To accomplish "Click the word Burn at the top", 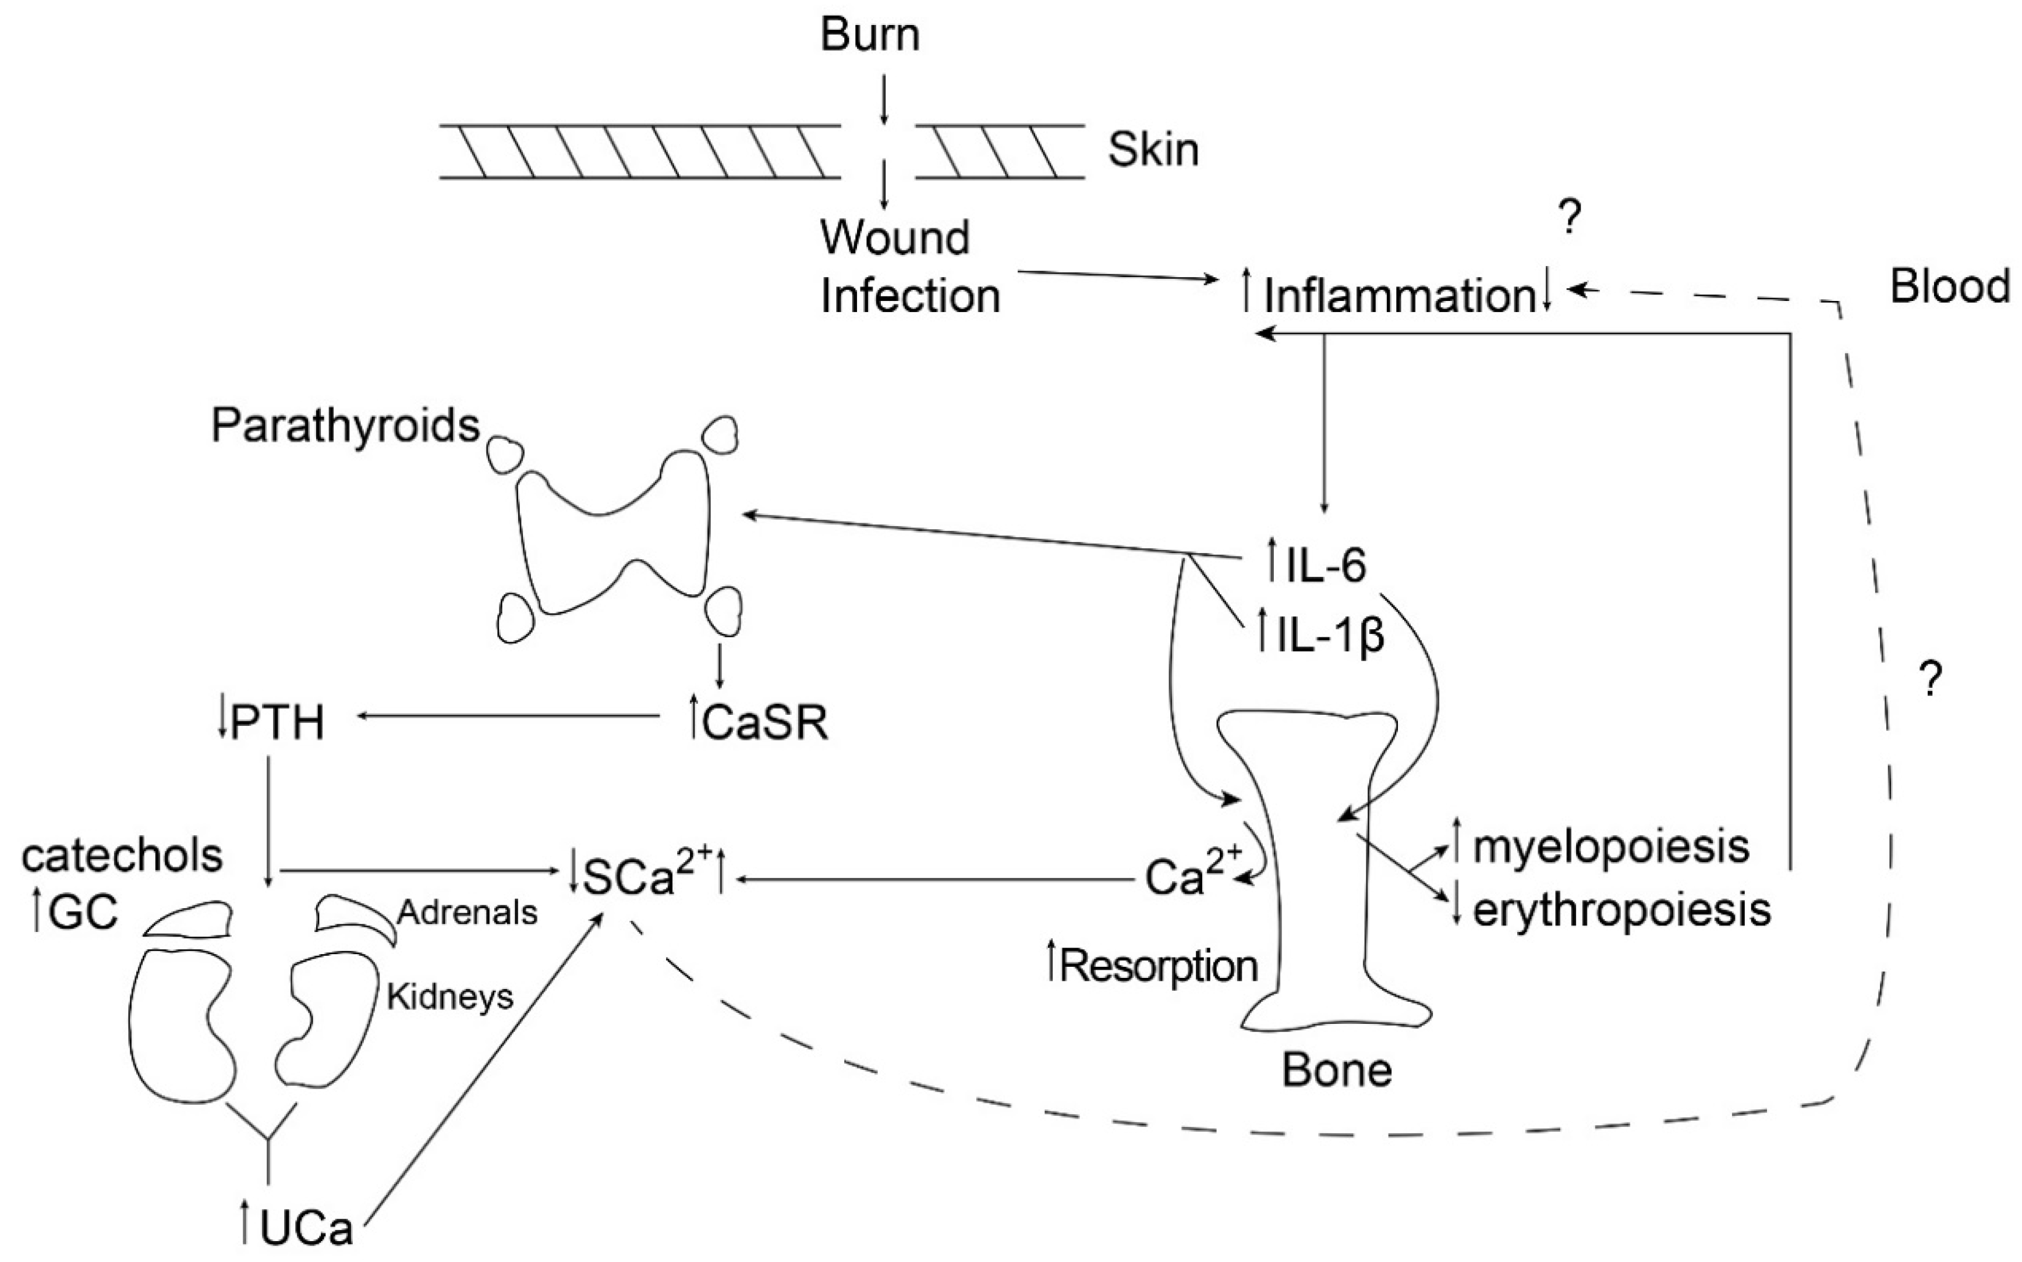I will tap(870, 35).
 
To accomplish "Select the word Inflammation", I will tap(1399, 296).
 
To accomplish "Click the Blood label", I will tap(1949, 287).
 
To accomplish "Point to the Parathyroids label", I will tap(345, 426).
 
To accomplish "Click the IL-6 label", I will tap(1326, 566).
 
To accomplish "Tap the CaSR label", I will tap(764, 724).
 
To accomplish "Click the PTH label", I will tap(277, 723).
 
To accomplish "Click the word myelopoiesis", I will tap(1610, 847).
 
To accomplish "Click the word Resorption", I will tap(1159, 966).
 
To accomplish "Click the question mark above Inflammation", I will tap(1570, 219).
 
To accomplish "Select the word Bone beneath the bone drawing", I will tap(1337, 1071).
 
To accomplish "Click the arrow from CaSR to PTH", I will tap(509, 716).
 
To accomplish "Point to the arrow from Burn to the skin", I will tap(883, 98).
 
